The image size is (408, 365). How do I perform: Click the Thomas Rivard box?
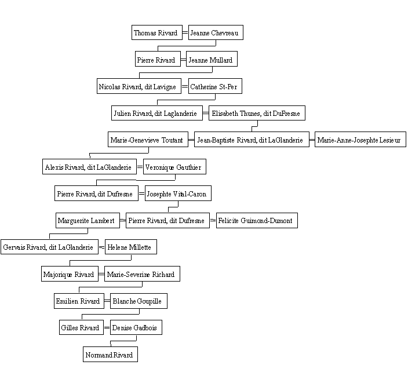[157, 32]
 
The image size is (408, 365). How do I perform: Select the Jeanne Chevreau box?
[216, 32]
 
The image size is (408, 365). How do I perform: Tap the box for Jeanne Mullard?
[212, 59]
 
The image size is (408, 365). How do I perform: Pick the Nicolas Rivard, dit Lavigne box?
[139, 86]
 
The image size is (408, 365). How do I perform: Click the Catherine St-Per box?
[215, 86]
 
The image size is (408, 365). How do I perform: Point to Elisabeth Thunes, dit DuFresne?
[257, 113]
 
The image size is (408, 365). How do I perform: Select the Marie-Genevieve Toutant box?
[148, 140]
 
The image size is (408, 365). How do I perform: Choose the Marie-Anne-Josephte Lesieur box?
[360, 140]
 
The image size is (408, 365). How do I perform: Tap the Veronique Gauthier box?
[174, 166]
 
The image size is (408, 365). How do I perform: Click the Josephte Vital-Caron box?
[178, 194]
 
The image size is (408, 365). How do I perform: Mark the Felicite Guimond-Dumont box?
[257, 221]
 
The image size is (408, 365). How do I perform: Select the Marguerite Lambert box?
[88, 221]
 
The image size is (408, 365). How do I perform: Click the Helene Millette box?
[131, 247]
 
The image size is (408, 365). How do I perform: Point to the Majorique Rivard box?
[70, 273]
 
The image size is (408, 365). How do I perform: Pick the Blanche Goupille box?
[139, 301]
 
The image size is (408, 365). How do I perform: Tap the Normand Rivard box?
[110, 355]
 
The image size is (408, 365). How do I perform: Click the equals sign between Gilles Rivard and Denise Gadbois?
[107, 327]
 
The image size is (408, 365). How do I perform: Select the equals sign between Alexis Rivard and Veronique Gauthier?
[140, 167]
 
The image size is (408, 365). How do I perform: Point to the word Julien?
[122, 114]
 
